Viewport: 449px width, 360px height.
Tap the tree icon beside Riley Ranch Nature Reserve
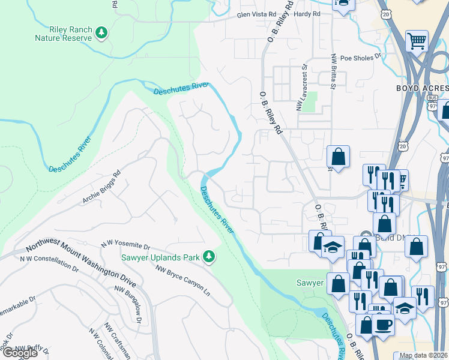point(102,32)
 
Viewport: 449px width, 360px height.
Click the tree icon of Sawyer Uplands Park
point(209,257)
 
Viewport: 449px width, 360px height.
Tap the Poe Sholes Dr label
point(361,58)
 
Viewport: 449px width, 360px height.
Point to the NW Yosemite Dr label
point(125,244)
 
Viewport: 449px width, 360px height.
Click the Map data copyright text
point(423,355)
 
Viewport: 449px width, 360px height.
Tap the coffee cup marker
point(383,325)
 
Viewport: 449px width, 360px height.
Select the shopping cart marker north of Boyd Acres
point(416,41)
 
